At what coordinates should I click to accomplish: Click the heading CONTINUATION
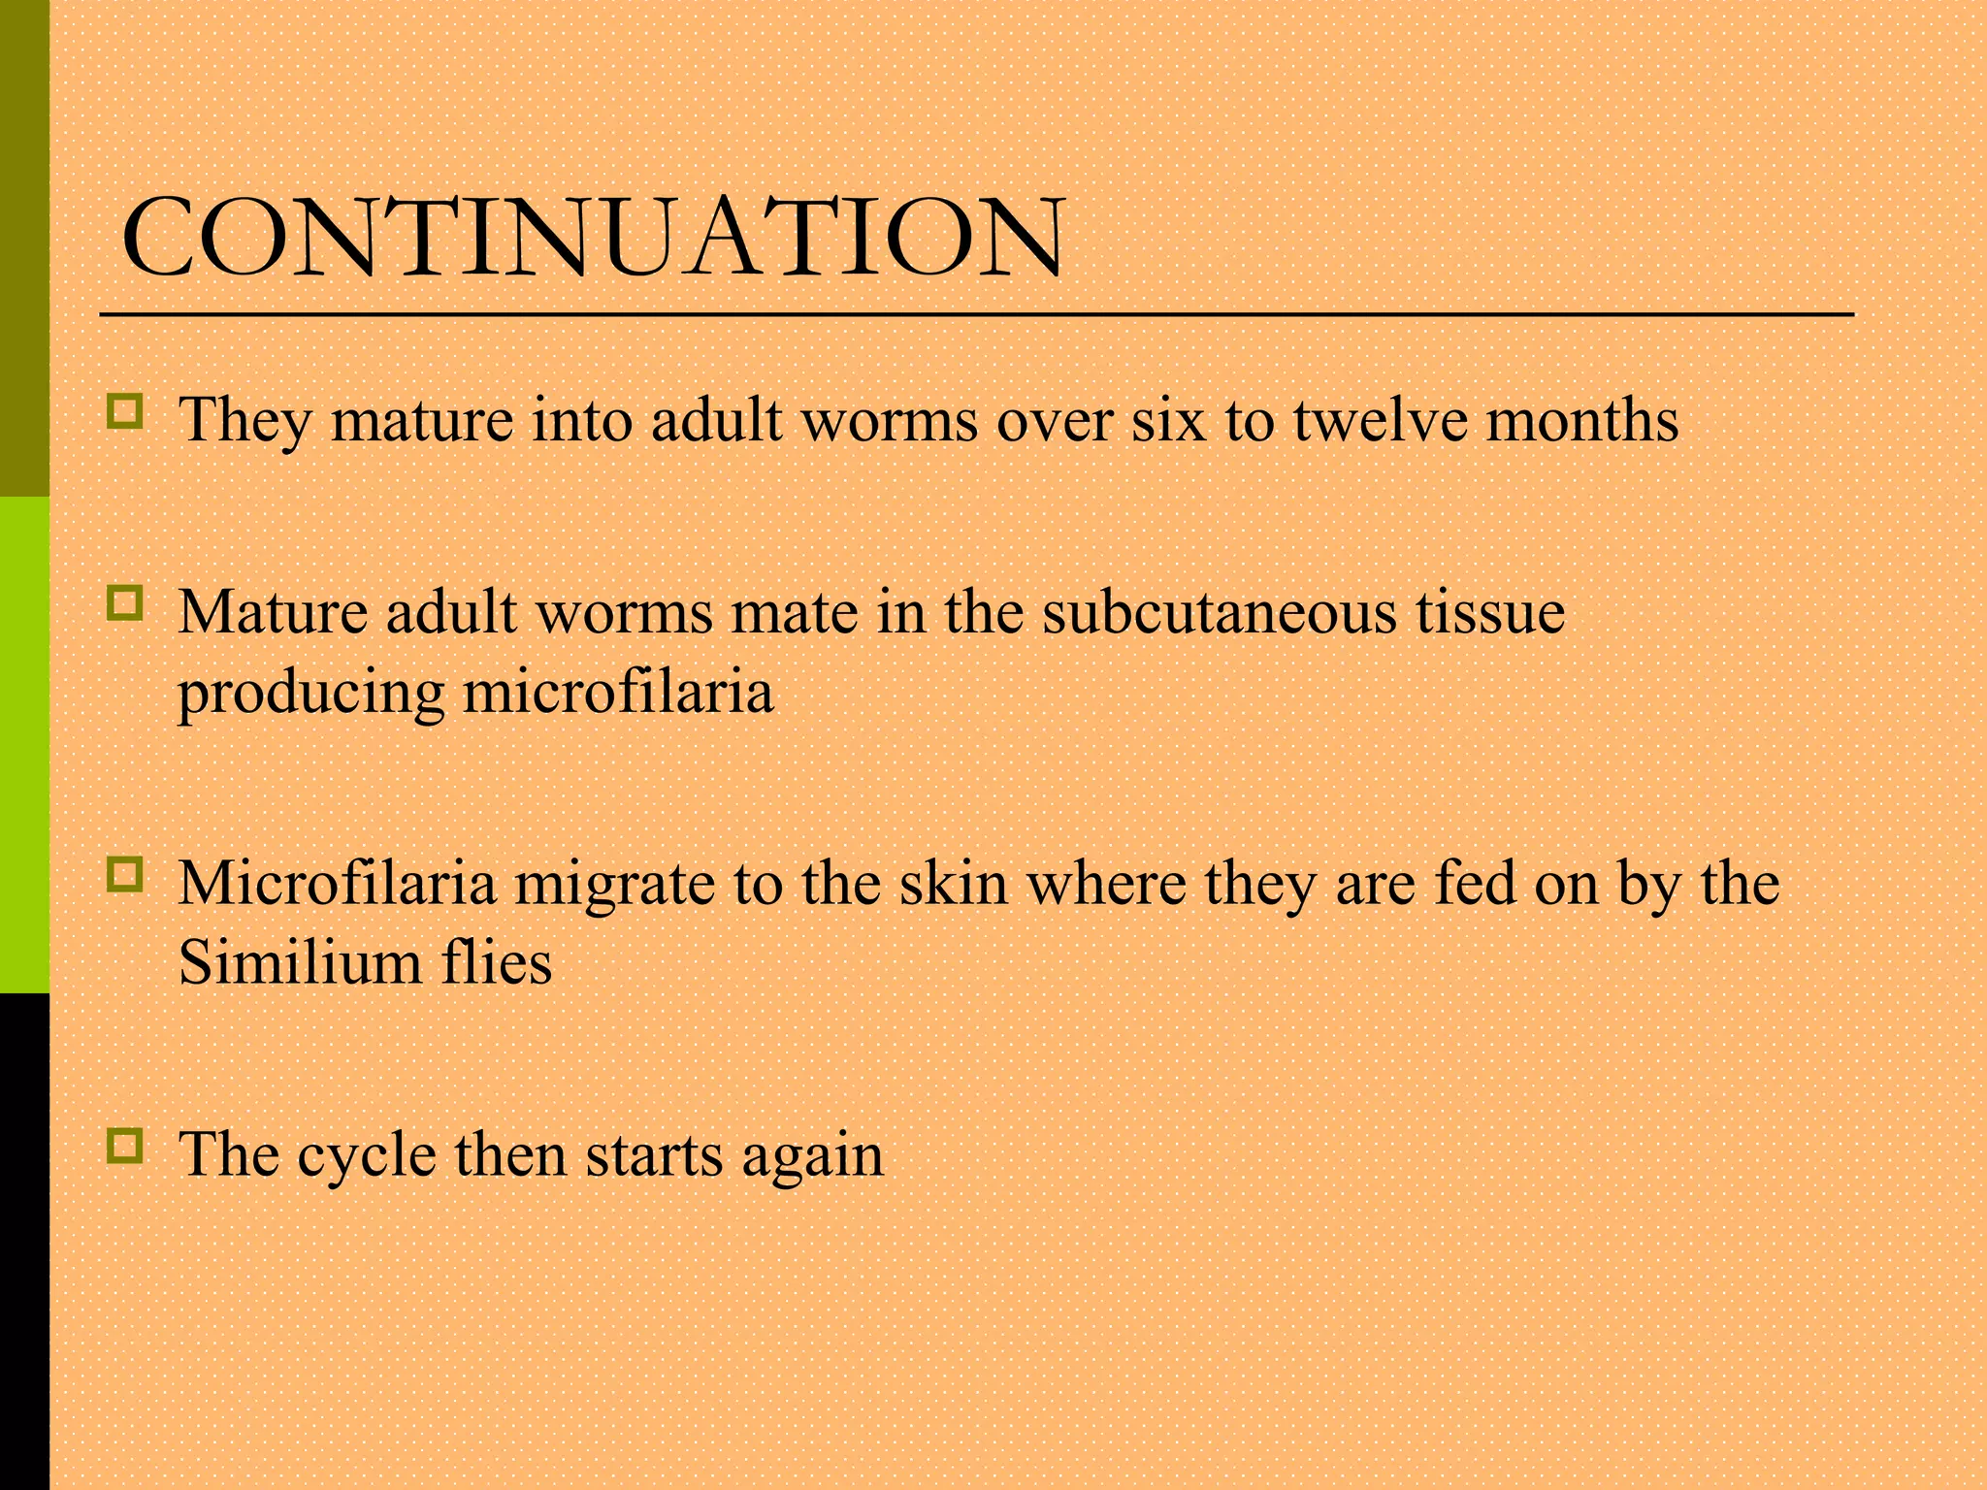click(x=593, y=238)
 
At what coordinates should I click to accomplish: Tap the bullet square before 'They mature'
click(x=126, y=411)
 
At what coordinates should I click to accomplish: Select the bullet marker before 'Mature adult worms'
click(x=126, y=602)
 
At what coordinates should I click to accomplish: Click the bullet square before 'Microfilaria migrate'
click(x=126, y=874)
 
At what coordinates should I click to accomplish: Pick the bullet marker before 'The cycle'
click(x=126, y=1146)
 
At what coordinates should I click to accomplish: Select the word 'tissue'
click(x=1489, y=613)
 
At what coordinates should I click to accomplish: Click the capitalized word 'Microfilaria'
click(x=337, y=884)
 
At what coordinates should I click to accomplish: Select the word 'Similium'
click(x=300, y=963)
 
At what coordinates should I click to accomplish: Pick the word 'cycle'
click(x=367, y=1157)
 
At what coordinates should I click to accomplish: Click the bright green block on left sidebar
click(x=24, y=745)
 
